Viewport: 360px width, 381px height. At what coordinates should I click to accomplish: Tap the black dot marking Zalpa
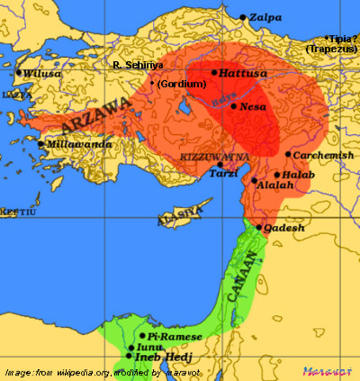tap(243, 17)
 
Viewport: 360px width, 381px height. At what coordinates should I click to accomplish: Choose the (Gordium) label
tap(182, 83)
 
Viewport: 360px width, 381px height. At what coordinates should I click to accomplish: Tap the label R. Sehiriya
tap(138, 64)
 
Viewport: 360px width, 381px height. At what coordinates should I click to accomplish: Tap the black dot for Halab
tap(275, 175)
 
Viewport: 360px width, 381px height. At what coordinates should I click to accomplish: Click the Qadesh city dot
tap(259, 227)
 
